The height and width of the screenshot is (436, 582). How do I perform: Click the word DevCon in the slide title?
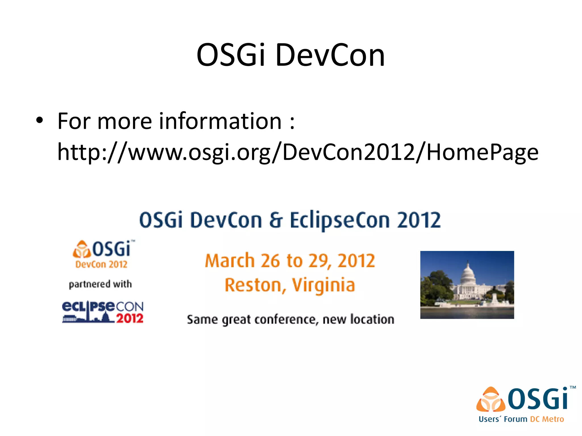[330, 55]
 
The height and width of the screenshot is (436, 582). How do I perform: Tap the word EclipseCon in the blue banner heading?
[340, 220]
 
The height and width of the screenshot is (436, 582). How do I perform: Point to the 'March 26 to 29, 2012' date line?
[290, 261]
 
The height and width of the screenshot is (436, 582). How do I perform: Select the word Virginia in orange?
[323, 285]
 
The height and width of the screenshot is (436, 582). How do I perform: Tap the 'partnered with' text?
[100, 284]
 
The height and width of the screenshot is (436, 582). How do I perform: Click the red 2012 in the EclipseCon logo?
[130, 318]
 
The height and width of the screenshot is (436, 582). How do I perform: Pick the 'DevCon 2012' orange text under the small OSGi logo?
[101, 265]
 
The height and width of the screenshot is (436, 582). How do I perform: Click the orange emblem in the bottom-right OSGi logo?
[491, 400]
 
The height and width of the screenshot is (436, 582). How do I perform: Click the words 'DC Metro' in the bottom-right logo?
[547, 419]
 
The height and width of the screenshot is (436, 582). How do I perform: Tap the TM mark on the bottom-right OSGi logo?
[573, 387]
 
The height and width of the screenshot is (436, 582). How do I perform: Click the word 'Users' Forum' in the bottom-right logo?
[503, 419]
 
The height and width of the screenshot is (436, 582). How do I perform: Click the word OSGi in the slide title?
[230, 55]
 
